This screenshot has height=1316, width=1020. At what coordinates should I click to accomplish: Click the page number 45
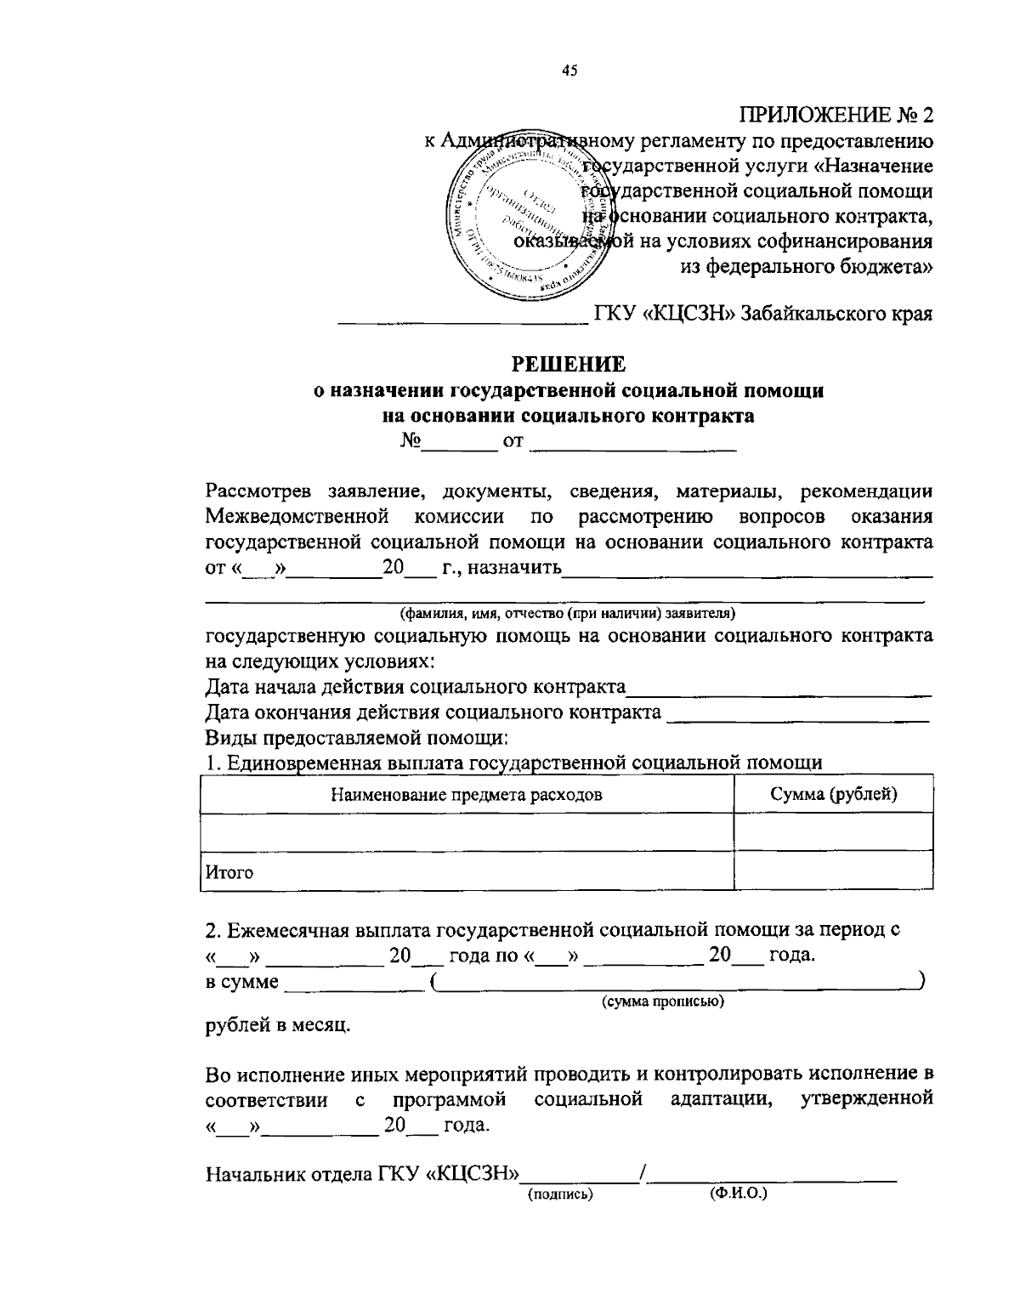(x=569, y=72)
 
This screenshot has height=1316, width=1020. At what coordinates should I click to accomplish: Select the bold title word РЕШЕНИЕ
(x=568, y=364)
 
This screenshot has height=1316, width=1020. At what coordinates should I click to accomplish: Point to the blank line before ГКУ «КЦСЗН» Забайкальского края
(x=463, y=320)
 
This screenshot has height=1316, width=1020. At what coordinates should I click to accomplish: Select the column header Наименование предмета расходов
(x=467, y=795)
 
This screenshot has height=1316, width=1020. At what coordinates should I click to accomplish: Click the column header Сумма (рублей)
(x=834, y=795)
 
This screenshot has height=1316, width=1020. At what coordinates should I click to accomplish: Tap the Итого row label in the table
(x=229, y=872)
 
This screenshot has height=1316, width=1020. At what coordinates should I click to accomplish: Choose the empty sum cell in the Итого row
(x=833, y=871)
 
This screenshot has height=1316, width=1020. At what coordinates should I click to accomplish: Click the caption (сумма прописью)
(x=663, y=1002)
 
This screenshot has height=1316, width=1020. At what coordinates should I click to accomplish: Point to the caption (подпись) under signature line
(x=560, y=1194)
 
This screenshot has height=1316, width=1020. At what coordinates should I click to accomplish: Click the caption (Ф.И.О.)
(x=737, y=1194)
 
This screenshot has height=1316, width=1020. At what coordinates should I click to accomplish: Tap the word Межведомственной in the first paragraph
(x=297, y=517)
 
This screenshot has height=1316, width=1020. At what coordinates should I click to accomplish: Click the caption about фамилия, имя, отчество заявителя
(x=568, y=613)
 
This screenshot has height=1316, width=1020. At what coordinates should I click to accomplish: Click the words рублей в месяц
(x=277, y=1026)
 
